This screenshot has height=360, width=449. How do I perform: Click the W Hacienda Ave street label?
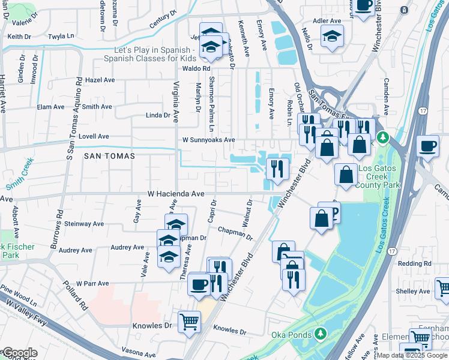click(176, 194)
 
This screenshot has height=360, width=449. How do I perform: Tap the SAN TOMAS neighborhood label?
click(109, 155)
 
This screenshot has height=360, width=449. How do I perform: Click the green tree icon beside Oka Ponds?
click(321, 334)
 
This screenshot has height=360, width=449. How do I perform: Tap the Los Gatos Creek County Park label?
click(379, 177)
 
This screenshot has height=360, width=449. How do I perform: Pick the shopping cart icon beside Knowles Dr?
click(190, 322)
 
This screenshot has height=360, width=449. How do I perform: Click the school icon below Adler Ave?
click(332, 37)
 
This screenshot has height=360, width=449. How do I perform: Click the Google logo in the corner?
click(19, 353)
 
